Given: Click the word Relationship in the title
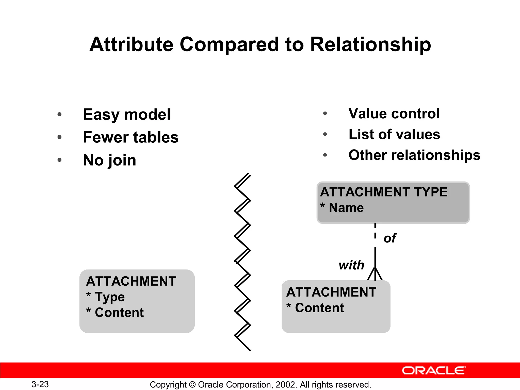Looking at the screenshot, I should pos(370,45).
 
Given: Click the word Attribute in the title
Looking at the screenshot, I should pos(131,45).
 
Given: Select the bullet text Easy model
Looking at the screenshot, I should pos(127,115).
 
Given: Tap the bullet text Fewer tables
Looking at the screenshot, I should pos(131,137).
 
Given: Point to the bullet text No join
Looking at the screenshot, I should pos(110,160).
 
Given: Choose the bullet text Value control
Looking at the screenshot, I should pos(394,113).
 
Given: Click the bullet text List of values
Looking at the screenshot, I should pos(394,134).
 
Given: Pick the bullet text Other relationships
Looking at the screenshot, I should pos(414,155).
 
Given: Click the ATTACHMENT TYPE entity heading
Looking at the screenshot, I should pos(384,192).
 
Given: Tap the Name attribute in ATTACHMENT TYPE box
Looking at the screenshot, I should pos(346,208).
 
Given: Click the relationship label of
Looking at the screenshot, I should pos(390,238).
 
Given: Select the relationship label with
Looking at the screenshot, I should pos(351,265).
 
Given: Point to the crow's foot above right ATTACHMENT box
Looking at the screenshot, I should pos(375,274).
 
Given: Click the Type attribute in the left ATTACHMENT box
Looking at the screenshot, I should pos(110,297).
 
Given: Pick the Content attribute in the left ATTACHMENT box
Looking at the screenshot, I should pos(119,313).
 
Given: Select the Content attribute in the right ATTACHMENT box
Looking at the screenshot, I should pos(319,308).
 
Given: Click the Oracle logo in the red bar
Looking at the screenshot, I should pos(434,370).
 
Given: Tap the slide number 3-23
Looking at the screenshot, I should pos(40,384).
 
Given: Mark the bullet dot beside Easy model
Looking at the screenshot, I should pos(59,115).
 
